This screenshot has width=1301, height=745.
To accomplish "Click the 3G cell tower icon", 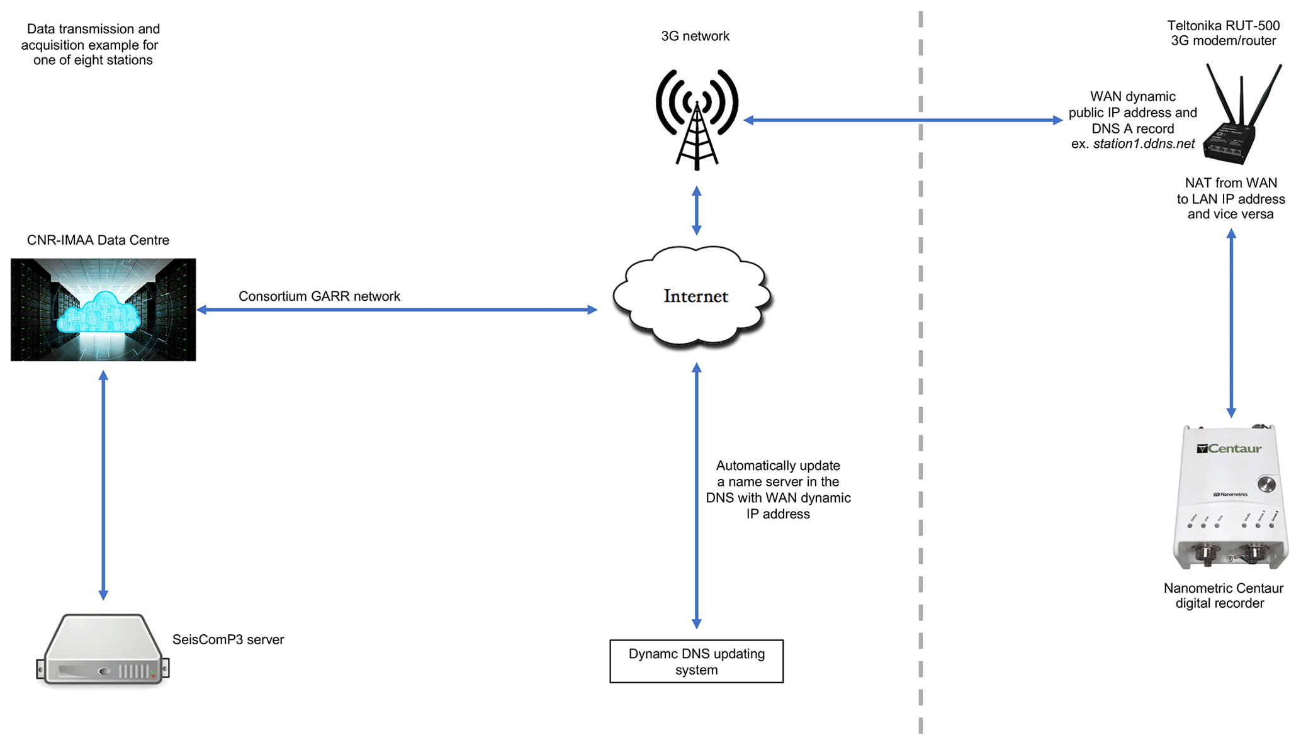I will click(x=696, y=120).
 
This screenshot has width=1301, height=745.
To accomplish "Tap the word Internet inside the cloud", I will click(x=696, y=296).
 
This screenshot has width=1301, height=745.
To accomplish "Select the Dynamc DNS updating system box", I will click(x=696, y=661).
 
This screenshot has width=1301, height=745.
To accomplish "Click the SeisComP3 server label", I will click(x=228, y=639).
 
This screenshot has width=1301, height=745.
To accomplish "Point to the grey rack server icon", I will click(x=103, y=649).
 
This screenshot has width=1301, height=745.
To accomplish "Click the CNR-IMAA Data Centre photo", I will click(x=103, y=310).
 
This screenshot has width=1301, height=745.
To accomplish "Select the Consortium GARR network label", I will click(x=319, y=296).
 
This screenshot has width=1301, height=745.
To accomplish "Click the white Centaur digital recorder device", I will click(x=1229, y=497).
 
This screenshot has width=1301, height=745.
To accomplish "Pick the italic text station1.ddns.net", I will click(x=1144, y=144).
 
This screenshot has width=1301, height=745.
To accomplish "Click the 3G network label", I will click(x=695, y=36).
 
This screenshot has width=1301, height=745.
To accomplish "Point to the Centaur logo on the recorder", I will click(x=1229, y=449).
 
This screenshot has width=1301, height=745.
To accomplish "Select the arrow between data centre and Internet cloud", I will click(x=397, y=310).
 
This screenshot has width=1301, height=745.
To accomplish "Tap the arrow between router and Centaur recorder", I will click(x=1231, y=323).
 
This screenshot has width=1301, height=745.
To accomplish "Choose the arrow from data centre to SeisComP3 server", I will click(x=103, y=485).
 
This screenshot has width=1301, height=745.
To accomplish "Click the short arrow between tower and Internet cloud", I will click(x=696, y=210).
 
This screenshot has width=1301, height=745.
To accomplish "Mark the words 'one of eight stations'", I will click(x=93, y=60).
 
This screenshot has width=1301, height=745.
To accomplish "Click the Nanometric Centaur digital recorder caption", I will click(x=1223, y=596).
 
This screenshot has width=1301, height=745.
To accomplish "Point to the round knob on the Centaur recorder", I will click(x=1266, y=484).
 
